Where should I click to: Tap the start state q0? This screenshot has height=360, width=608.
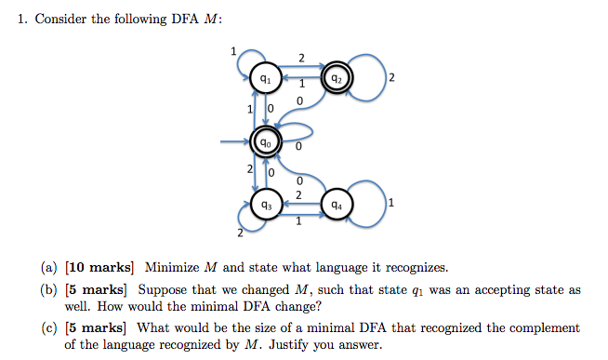coord(266,143)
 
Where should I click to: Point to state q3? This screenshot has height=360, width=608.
coord(266,205)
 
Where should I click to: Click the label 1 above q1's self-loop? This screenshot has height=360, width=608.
coord(233,51)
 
